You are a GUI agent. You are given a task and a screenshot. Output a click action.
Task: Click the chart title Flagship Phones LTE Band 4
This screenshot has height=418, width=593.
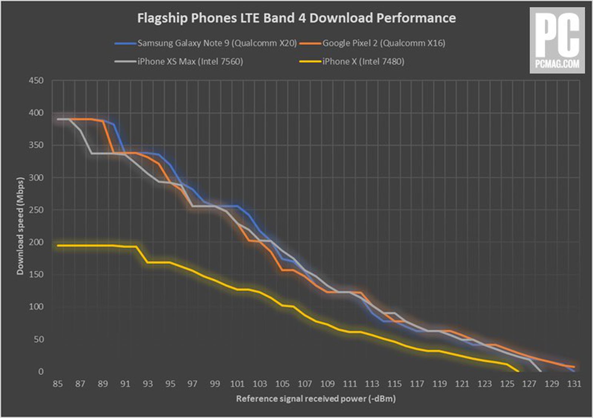coord(296,18)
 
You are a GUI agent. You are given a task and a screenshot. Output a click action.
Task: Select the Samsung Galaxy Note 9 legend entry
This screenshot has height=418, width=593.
coord(217,43)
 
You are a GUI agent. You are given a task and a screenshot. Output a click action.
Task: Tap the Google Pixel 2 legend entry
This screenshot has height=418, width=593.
coord(384,43)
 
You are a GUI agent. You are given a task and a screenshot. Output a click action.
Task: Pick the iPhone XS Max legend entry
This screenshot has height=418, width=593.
coord(190,61)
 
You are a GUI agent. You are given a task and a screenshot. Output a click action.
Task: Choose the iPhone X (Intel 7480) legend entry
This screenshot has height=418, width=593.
coord(363,61)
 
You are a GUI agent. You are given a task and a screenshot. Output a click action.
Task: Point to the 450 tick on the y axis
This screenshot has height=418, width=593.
coord(36,80)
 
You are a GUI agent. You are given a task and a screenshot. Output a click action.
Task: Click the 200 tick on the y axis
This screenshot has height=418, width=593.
coord(36,242)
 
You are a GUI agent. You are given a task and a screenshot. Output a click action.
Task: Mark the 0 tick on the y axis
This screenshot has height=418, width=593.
coord(40,371)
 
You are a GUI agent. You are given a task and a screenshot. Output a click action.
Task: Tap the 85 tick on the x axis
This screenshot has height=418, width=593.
coord(57,384)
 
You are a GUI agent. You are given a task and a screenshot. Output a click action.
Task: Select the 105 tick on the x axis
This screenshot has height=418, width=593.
coord(282,384)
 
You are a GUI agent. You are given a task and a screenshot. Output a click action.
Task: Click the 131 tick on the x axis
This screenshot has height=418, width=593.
coord(574,384)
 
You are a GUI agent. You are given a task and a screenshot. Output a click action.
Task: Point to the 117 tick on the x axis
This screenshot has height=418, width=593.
coord(417,384)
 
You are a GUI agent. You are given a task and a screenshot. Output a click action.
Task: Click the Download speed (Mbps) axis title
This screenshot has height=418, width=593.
coord(20,226)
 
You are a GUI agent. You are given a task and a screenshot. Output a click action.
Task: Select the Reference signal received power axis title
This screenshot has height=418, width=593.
coord(316,399)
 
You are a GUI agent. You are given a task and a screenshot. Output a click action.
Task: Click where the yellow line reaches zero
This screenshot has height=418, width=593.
coord(518,371)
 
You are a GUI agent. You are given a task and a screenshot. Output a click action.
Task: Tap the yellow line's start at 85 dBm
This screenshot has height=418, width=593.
coord(57,245)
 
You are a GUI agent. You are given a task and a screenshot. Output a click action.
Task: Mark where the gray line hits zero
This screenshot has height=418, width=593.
coord(540,371)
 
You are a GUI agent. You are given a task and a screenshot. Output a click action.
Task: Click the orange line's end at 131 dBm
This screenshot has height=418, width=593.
coord(574,367)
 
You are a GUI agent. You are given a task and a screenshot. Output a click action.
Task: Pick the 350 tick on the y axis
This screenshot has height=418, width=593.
coord(36,145)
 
